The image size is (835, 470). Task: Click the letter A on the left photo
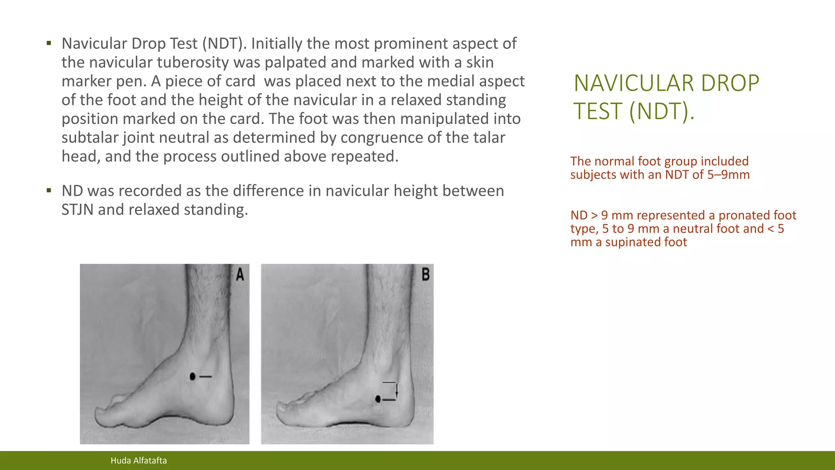point(240,275)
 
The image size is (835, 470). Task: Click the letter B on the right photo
point(425,274)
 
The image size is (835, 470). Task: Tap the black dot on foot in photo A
point(192,376)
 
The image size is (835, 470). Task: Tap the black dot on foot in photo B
point(378,399)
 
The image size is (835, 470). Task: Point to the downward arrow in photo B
point(396,391)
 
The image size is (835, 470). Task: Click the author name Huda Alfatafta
point(139,461)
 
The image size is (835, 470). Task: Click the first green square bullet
point(49,43)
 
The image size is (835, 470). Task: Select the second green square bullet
point(49,190)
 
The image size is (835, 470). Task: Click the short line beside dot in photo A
point(205,376)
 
